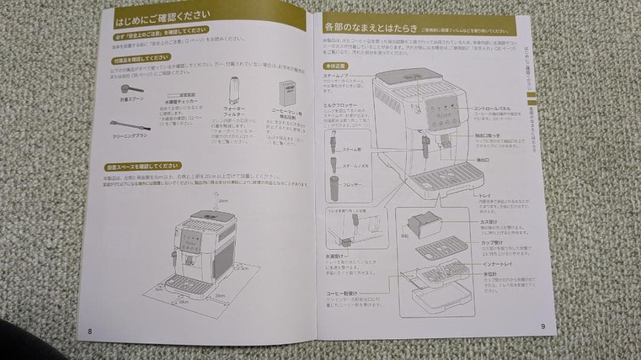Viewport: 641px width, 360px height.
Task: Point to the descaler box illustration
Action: point(288,94)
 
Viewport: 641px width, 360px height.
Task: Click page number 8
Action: point(90,331)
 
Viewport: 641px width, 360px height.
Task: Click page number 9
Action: point(542,326)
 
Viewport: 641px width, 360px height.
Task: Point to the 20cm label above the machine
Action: point(223,200)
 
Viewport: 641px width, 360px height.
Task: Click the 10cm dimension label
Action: point(184,302)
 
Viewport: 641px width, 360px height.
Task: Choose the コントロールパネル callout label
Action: point(492,109)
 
